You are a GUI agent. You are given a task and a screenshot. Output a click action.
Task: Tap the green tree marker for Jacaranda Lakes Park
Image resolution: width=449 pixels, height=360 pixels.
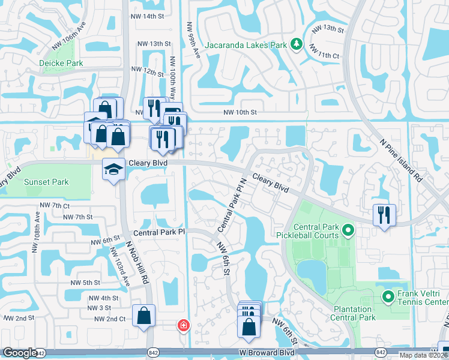[x=295, y=44]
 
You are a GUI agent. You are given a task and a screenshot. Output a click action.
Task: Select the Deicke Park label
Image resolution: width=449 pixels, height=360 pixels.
[x=61, y=63]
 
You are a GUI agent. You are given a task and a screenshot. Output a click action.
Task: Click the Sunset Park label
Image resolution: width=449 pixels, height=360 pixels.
[x=46, y=182]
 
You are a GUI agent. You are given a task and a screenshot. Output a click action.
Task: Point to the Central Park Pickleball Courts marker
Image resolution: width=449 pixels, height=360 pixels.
[x=347, y=230]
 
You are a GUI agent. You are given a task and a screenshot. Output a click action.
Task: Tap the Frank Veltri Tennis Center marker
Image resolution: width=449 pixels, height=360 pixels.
[x=388, y=296]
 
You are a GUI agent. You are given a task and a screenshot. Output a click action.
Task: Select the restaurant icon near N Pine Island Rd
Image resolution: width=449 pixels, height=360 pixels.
[x=384, y=214]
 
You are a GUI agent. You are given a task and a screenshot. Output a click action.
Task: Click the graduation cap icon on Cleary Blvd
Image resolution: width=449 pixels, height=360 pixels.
[x=113, y=170]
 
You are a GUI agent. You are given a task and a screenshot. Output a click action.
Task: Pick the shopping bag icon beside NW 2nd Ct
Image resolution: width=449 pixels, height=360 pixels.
[x=144, y=316]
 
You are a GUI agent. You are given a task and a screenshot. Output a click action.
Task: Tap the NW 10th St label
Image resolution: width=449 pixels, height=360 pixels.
[x=240, y=112]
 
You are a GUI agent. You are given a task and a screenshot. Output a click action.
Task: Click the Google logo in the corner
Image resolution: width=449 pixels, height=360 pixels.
[x=20, y=353]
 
